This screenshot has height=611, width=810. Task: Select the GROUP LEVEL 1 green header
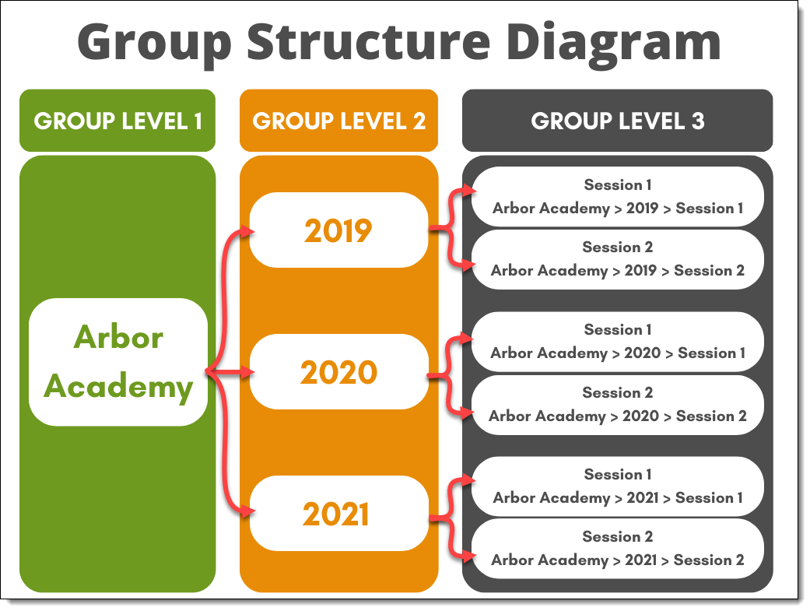(x=117, y=121)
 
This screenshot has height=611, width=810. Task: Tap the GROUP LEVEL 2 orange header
(x=338, y=121)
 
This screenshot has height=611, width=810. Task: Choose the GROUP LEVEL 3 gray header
(x=617, y=121)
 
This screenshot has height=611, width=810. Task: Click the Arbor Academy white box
(x=118, y=362)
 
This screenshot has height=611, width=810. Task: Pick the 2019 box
(x=338, y=230)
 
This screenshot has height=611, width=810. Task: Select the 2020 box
(x=338, y=373)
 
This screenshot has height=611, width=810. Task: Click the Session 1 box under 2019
(x=617, y=196)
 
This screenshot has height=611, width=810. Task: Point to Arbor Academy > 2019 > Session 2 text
(x=617, y=271)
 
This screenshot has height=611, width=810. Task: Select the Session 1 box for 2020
(x=617, y=341)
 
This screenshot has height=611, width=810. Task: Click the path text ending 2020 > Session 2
(x=617, y=416)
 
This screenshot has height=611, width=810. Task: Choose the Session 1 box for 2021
(x=617, y=486)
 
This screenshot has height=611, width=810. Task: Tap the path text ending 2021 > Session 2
(x=617, y=560)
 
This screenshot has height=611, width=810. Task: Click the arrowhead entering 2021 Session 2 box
(x=469, y=556)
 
